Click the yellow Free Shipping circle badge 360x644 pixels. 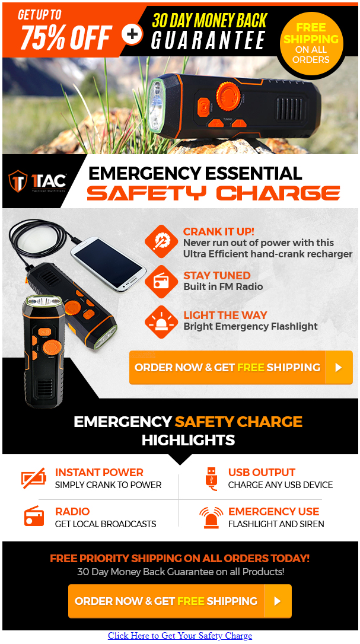point(311,44)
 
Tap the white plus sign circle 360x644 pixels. point(132,34)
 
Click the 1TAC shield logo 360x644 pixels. point(18,181)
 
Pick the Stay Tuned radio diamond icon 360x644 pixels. point(161,281)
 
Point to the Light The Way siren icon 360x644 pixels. point(161,322)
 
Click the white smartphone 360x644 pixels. point(109,264)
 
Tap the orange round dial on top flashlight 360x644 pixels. point(228,95)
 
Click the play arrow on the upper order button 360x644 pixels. point(339,368)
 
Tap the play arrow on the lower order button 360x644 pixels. point(278,601)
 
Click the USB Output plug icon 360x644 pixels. point(211,479)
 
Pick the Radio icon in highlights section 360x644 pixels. point(34,517)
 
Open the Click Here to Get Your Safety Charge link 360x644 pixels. point(180,635)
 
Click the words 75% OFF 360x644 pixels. point(66,37)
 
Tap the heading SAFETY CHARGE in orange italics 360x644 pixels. point(214,193)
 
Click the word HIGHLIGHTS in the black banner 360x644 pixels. point(188,440)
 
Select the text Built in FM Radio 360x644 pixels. point(223,286)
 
